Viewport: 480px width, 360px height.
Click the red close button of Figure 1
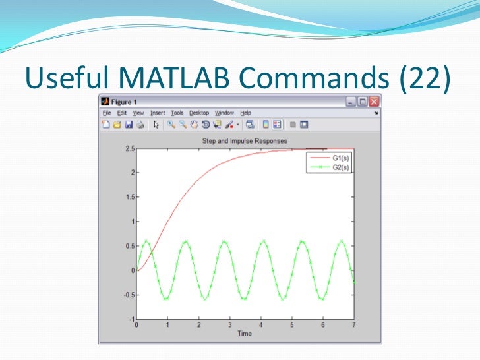pos(374,102)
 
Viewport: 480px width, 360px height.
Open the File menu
pos(106,113)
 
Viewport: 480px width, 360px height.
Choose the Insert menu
pos(158,113)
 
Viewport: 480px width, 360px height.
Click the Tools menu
pos(177,113)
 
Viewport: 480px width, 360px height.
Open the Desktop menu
pos(199,113)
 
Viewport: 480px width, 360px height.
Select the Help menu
pos(245,113)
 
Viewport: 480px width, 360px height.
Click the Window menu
pos(224,113)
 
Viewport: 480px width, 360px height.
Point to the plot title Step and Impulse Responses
pos(245,141)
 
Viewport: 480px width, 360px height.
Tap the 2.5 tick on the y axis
pos(130,149)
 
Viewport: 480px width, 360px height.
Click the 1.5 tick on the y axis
pos(130,197)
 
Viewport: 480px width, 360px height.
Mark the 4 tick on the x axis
pos(261,326)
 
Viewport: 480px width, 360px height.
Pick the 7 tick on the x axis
pos(354,326)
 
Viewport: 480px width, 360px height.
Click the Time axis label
pos(245,334)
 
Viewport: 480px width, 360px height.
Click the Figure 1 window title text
pos(123,102)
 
